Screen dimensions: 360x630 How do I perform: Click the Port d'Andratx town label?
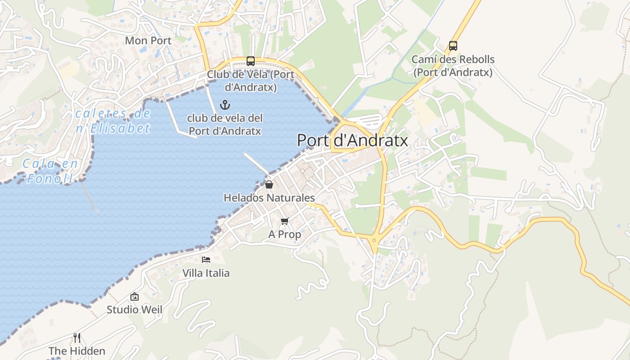pos(352,140)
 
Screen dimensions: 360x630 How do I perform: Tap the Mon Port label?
pos(148,40)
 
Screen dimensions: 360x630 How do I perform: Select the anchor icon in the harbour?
pos(225,105)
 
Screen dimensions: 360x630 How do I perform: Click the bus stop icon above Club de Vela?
pos(251,61)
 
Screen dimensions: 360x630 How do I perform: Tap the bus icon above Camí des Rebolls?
pos(453,46)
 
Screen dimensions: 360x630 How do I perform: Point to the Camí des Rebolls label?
pos(453,66)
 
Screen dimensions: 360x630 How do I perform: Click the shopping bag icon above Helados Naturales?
pos(269,184)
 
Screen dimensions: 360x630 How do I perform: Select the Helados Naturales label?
pos(269,198)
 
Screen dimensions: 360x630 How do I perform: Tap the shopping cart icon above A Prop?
pos(284,221)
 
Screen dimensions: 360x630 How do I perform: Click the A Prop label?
pos(284,234)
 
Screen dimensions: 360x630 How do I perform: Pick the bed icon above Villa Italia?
pos(206,260)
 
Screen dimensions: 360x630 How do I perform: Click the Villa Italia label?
pos(206,273)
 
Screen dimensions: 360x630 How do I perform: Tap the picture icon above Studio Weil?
pos(134,297)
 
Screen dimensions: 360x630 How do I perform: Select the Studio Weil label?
pos(134,310)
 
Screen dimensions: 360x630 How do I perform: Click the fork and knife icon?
pos(77,337)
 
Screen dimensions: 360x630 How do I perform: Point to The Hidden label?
pos(77,351)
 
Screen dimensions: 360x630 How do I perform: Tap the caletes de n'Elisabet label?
pos(112,121)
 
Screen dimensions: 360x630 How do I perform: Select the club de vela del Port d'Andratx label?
pos(225,125)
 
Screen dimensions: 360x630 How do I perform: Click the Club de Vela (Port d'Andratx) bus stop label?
pos(251,81)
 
